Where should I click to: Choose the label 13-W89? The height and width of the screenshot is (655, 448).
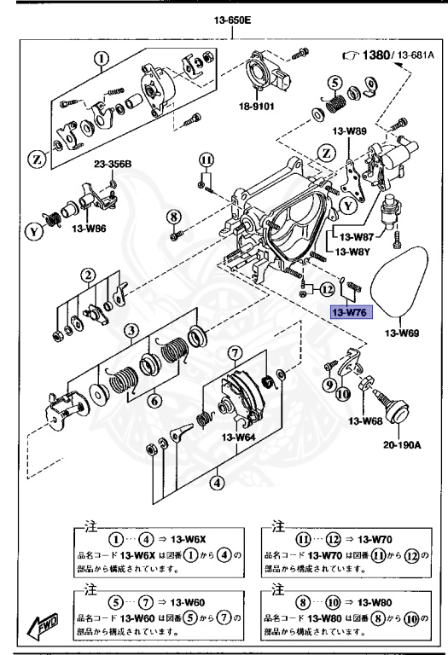pyautogui.click(x=350, y=131)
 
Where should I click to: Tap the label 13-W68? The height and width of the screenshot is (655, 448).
pyautogui.click(x=364, y=420)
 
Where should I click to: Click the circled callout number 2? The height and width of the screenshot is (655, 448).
pyautogui.click(x=86, y=275)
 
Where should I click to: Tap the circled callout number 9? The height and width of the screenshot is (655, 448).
pyautogui.click(x=328, y=385)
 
